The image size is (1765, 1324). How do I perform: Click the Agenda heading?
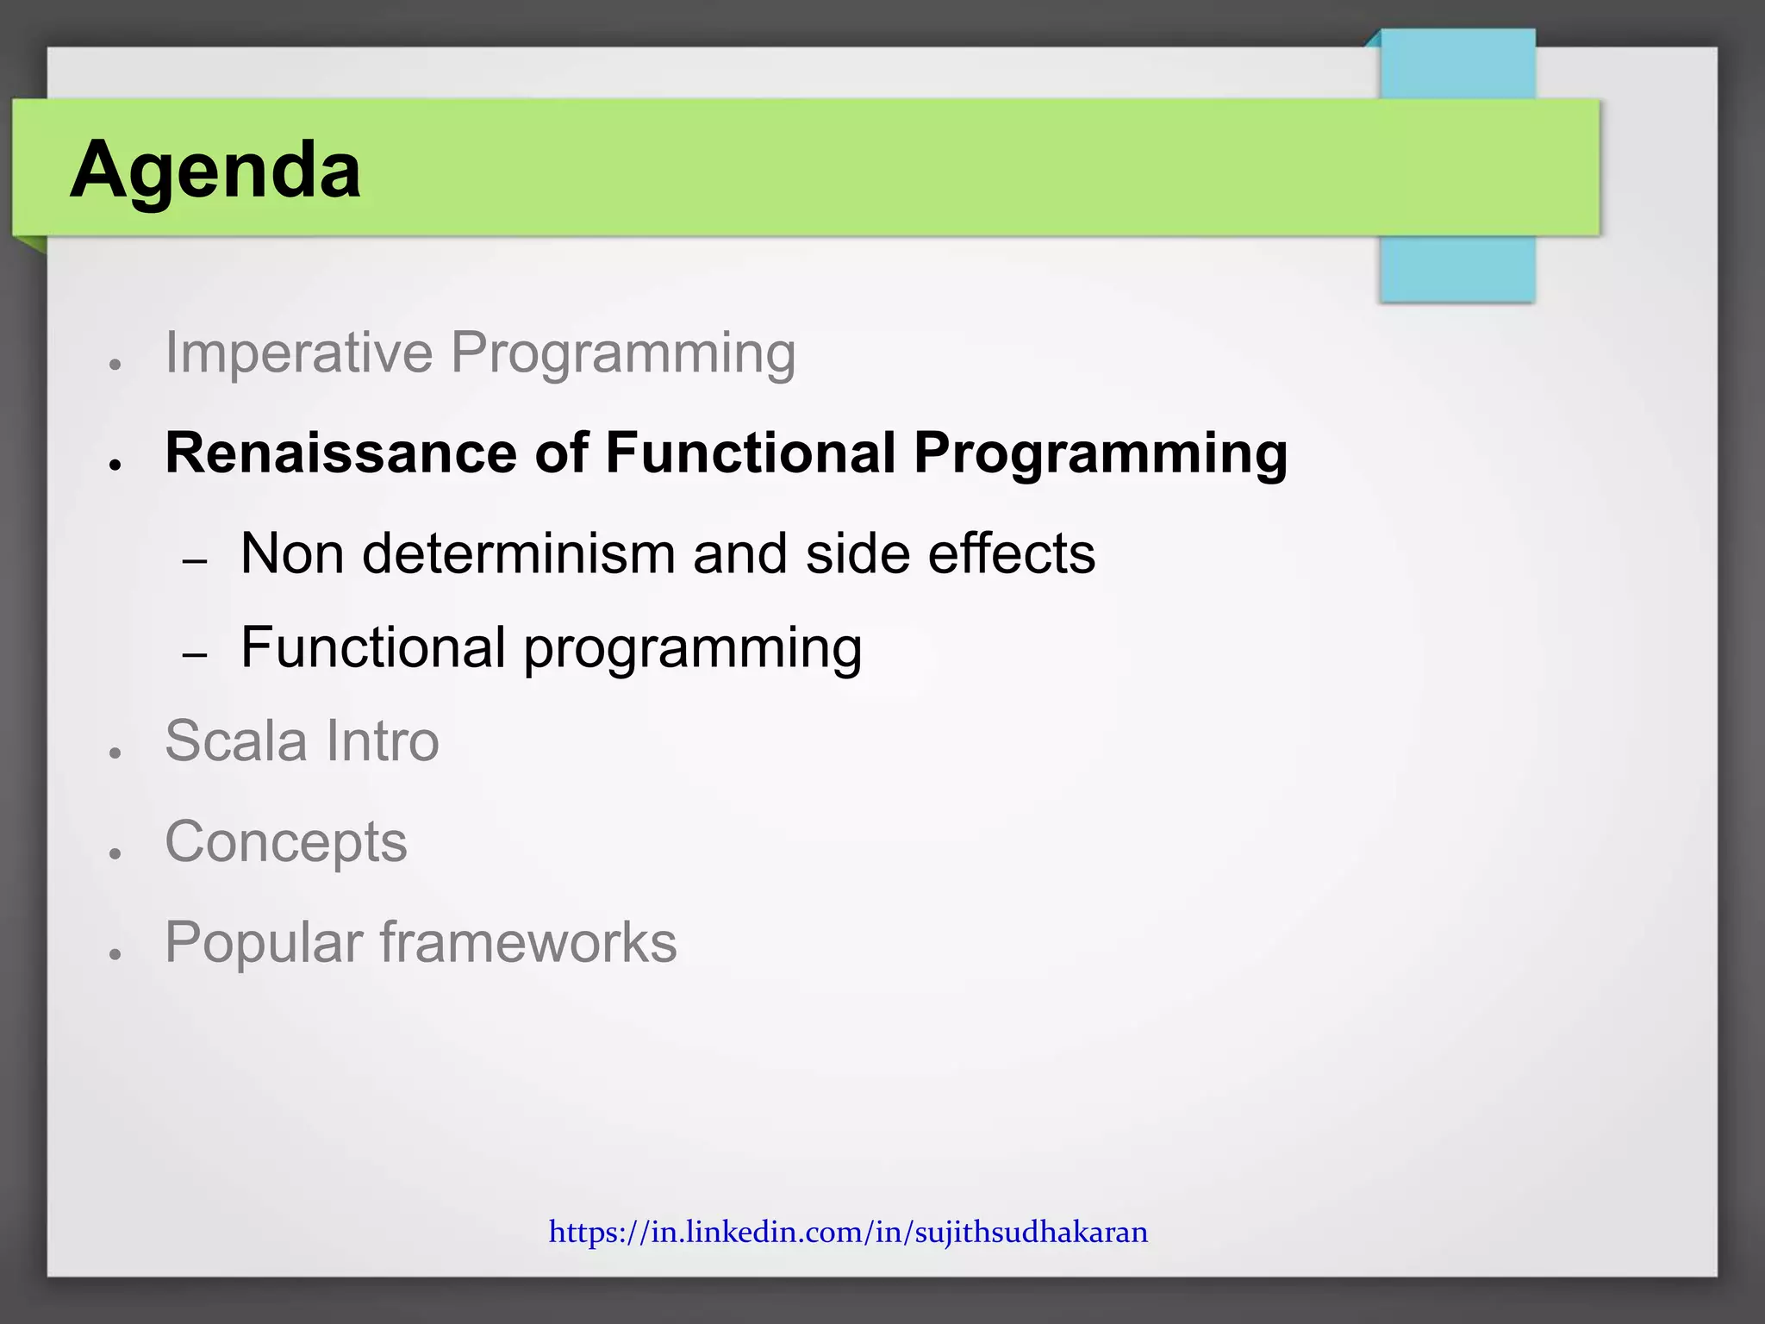(x=215, y=170)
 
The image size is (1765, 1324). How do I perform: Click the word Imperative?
(x=298, y=353)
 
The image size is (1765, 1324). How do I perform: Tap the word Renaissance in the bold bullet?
(x=340, y=453)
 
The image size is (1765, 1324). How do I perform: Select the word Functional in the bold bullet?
(x=750, y=453)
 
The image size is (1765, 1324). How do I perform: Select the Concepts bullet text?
(x=285, y=841)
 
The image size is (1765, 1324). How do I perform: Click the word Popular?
(x=263, y=942)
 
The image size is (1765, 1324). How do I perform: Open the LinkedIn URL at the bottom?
(x=848, y=1232)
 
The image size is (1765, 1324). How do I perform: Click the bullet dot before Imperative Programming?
(x=114, y=365)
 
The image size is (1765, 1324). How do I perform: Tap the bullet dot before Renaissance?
(x=114, y=465)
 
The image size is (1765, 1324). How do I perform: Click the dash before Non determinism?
(x=196, y=562)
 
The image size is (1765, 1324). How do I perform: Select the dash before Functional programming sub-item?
(x=196, y=656)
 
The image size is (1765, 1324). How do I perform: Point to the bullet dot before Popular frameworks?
(x=114, y=954)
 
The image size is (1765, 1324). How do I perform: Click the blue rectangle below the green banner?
(x=1456, y=269)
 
